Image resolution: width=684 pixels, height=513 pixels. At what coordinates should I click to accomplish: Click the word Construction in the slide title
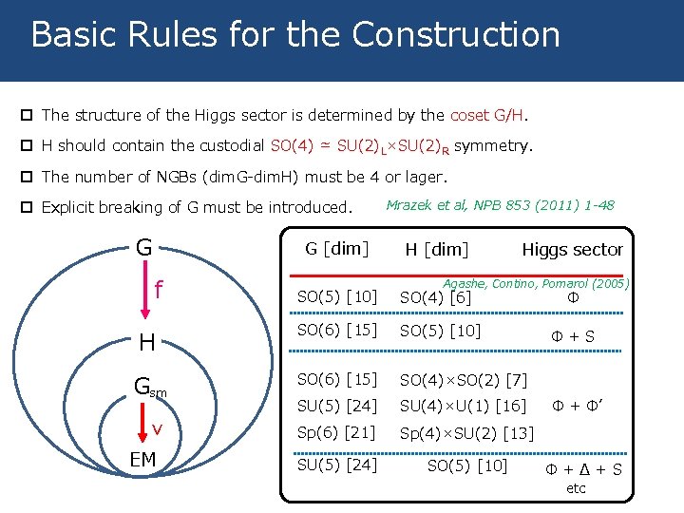[x=455, y=34]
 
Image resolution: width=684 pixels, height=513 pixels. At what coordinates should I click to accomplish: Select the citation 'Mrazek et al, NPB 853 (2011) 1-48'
[x=501, y=205]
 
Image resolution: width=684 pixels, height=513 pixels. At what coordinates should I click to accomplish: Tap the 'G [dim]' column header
[x=335, y=249]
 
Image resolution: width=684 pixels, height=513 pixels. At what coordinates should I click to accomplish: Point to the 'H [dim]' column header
[x=437, y=250]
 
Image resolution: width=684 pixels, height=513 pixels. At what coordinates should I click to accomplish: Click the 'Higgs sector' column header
[x=572, y=250]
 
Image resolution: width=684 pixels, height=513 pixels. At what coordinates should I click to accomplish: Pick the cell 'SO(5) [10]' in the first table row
[x=335, y=297]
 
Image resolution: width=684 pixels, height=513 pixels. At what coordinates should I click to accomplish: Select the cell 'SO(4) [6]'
[x=435, y=298]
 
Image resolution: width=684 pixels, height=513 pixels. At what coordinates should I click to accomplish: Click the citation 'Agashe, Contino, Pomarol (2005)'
[x=536, y=283]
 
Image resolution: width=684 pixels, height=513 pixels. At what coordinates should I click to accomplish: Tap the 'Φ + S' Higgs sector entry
[x=574, y=336]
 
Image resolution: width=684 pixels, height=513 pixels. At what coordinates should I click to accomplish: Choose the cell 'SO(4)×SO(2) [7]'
[x=463, y=380]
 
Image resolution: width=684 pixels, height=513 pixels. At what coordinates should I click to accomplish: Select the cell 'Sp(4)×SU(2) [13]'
[x=466, y=434]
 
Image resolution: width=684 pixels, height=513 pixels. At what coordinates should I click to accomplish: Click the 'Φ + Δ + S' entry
[x=583, y=469]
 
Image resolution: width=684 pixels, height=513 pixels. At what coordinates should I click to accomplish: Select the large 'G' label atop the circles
[x=143, y=248]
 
